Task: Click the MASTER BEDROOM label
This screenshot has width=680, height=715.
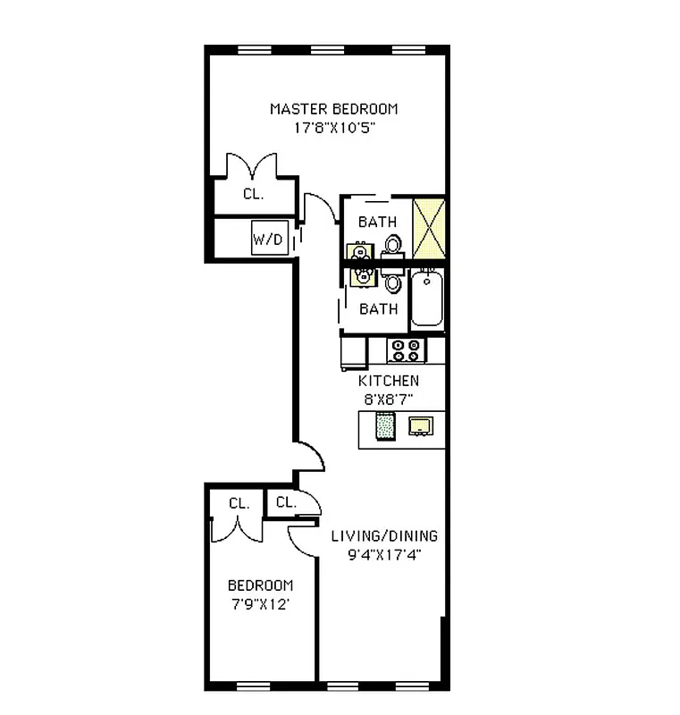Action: coord(334,109)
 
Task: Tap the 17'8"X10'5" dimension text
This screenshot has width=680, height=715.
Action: coord(334,128)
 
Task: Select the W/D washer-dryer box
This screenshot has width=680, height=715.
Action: coord(268,239)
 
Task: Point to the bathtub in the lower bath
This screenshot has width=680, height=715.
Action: coord(426,301)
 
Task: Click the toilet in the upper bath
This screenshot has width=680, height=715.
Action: coord(393,244)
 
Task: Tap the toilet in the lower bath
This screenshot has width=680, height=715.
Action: coord(393,283)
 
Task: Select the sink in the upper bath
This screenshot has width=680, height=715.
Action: coord(359,249)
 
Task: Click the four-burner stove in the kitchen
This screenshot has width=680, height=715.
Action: coord(407,349)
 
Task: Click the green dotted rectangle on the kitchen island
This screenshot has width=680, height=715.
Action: coord(385,427)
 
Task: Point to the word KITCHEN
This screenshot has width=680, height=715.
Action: coord(389,381)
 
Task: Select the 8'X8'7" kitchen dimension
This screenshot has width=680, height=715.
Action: coord(389,400)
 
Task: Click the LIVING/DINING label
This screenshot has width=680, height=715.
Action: coord(385,536)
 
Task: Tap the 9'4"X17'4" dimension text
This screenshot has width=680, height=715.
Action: coord(385,555)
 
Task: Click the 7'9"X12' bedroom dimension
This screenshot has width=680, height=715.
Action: coord(260,603)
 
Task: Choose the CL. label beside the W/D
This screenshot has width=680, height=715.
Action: coord(253,194)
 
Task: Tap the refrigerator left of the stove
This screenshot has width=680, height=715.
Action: coord(354,351)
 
